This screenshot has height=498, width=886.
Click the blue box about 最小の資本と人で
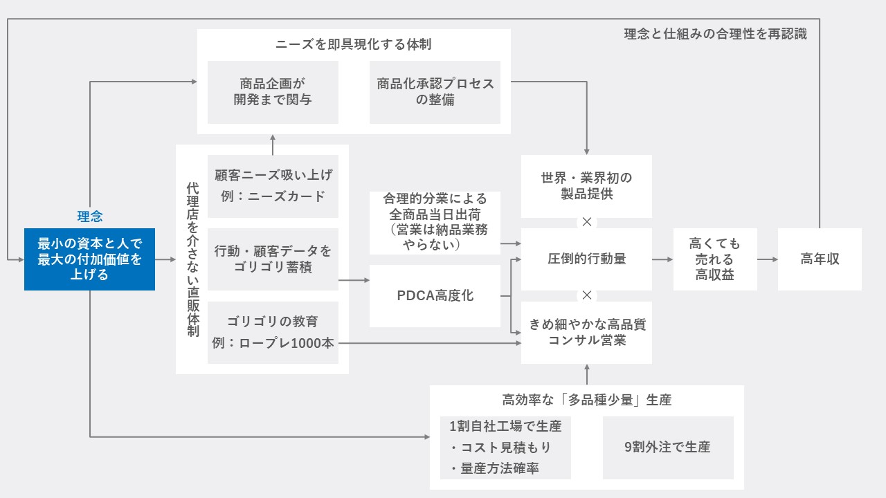point(89,259)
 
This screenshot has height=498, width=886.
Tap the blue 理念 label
point(90,216)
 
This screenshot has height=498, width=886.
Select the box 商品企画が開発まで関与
point(273,92)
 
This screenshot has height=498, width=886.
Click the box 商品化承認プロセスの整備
point(435,92)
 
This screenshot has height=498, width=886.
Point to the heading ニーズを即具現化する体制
point(353,44)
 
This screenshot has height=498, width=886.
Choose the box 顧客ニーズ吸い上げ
point(273,186)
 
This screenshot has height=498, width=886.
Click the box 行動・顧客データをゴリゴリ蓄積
point(273,259)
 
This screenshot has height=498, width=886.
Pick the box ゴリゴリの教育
point(273,333)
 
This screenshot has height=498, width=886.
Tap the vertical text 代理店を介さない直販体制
point(192,259)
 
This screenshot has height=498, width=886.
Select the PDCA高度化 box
point(435,295)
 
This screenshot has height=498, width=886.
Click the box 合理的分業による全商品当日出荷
point(435,223)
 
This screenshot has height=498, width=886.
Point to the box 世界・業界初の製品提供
point(586,186)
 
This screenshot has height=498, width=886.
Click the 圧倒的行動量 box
point(586,259)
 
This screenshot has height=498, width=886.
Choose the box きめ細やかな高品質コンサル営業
point(586,333)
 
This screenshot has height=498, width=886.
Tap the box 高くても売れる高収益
point(715,259)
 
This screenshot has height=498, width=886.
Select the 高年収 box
point(820,259)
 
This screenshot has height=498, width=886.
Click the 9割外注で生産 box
point(668,448)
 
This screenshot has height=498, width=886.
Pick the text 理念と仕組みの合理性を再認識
point(716,34)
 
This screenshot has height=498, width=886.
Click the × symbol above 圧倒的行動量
point(587,222)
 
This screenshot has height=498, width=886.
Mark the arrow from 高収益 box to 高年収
point(768,259)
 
